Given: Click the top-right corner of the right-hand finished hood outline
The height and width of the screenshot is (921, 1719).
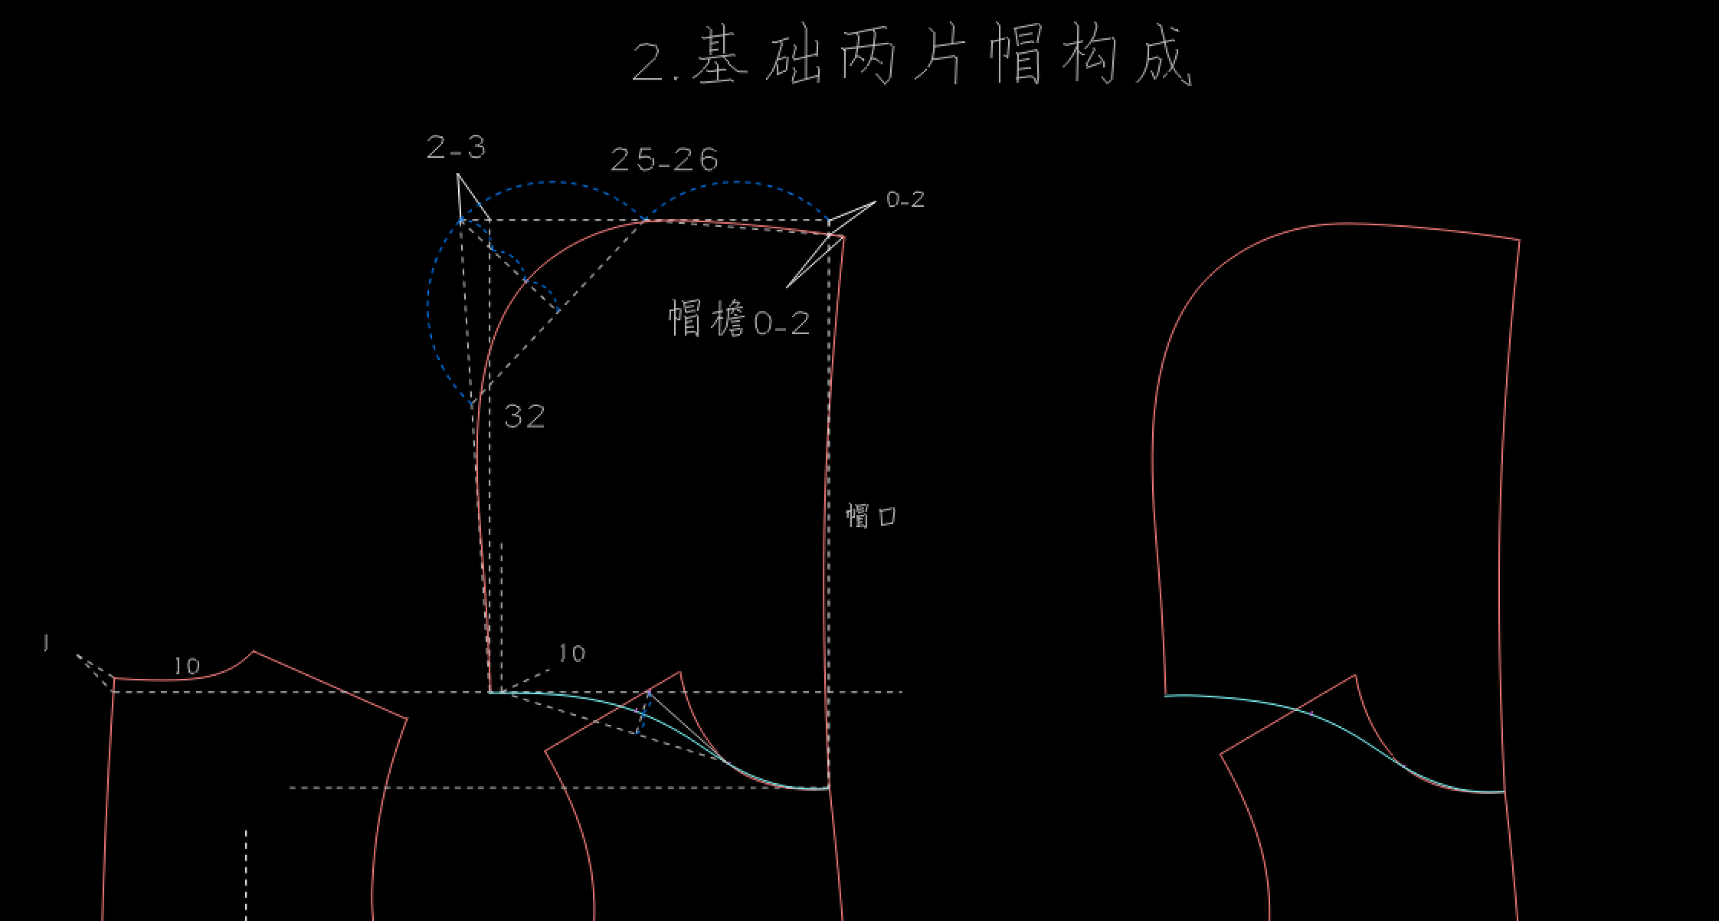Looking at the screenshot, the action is pos(1519,241).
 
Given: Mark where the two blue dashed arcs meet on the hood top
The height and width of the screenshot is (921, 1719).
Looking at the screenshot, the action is pos(644,220).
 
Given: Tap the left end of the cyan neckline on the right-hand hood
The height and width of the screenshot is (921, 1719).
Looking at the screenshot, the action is pos(1165,696).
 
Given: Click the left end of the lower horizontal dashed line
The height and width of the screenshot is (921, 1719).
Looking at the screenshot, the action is pos(290,788).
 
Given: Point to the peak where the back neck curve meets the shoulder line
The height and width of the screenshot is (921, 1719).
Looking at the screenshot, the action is pos(254,652).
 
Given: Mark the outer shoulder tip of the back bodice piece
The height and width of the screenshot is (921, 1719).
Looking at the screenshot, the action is pos(407,719).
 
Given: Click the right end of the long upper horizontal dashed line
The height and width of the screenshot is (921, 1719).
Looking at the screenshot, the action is pos(902,692).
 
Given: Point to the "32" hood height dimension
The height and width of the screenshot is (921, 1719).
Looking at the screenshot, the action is pos(525,417).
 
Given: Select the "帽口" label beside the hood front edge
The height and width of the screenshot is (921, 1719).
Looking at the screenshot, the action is pos(871,516).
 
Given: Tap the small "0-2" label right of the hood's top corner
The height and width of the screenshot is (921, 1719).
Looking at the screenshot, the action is pos(905,200).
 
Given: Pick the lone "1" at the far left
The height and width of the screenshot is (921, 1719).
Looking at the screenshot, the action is pos(46,644).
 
